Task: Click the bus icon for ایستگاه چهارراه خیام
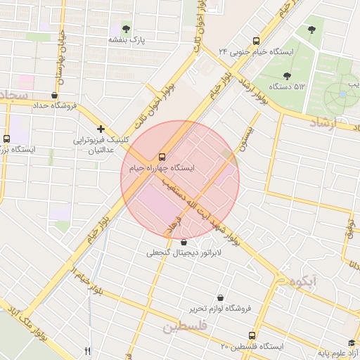(x=162, y=156)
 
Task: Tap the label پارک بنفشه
(x=126, y=41)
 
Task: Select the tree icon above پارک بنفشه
(x=126, y=29)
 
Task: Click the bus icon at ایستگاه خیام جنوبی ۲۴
(x=255, y=41)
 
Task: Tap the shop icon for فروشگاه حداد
(x=55, y=95)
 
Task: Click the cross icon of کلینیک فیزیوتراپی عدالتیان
(x=102, y=129)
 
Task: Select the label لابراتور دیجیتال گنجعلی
(x=184, y=252)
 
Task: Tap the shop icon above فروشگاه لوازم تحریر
(x=221, y=297)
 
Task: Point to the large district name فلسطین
(x=184, y=327)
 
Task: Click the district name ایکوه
(x=303, y=281)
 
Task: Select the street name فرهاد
(x=172, y=226)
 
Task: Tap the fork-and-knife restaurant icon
(x=87, y=351)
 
